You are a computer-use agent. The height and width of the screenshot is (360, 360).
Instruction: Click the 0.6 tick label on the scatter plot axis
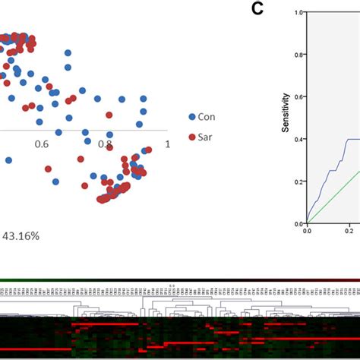(41, 144)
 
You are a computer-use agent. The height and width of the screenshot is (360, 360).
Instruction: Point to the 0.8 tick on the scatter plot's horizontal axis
(105, 144)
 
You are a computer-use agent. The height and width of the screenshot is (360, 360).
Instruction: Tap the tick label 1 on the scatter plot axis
(166, 144)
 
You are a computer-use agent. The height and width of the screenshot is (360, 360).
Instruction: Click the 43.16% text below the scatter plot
(21, 235)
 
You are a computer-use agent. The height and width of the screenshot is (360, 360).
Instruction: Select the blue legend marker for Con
(192, 116)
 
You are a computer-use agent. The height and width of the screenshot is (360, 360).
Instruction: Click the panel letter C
(257, 8)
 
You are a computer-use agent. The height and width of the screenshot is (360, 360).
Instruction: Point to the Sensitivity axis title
(286, 112)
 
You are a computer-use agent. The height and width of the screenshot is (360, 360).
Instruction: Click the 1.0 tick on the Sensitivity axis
(299, 13)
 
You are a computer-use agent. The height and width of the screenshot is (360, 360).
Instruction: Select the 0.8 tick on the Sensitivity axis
(299, 55)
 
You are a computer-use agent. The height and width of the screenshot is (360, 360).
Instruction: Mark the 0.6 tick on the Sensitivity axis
(299, 97)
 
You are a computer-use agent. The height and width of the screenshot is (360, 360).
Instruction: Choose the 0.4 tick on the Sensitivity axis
(299, 139)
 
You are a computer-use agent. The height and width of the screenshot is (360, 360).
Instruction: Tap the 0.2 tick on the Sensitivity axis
(299, 182)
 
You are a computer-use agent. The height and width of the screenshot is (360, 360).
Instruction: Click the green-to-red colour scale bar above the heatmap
(180, 279)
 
